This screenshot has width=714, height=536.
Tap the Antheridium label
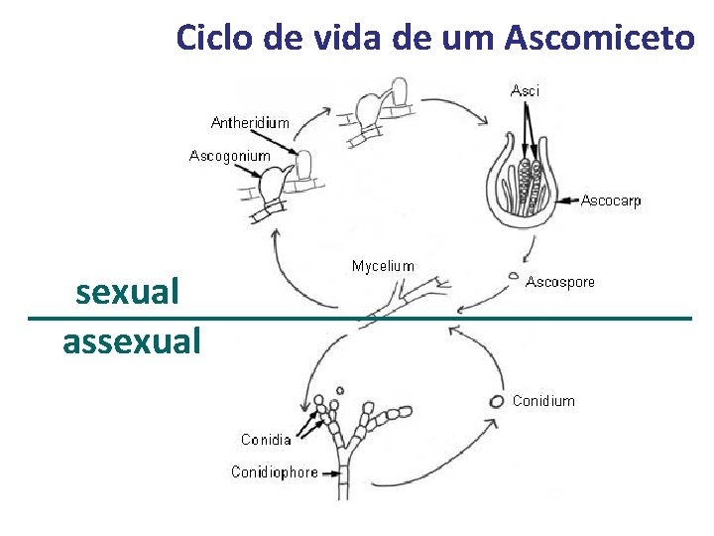point(251,123)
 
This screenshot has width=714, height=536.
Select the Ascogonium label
point(230,156)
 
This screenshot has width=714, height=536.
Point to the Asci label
point(526,91)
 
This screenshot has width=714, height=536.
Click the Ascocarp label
point(611,201)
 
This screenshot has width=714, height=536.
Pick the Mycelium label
point(383,265)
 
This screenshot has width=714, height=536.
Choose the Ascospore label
point(560,282)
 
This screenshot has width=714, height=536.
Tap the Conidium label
point(543,401)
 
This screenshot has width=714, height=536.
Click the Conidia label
point(266,440)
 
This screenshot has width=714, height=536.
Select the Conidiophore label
point(275,471)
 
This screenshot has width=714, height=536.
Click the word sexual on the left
point(127,292)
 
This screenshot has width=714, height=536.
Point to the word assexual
point(132,340)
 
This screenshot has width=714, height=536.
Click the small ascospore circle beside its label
point(513,276)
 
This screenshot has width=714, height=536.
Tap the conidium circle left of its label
point(496,401)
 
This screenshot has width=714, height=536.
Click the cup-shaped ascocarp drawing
point(521,189)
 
